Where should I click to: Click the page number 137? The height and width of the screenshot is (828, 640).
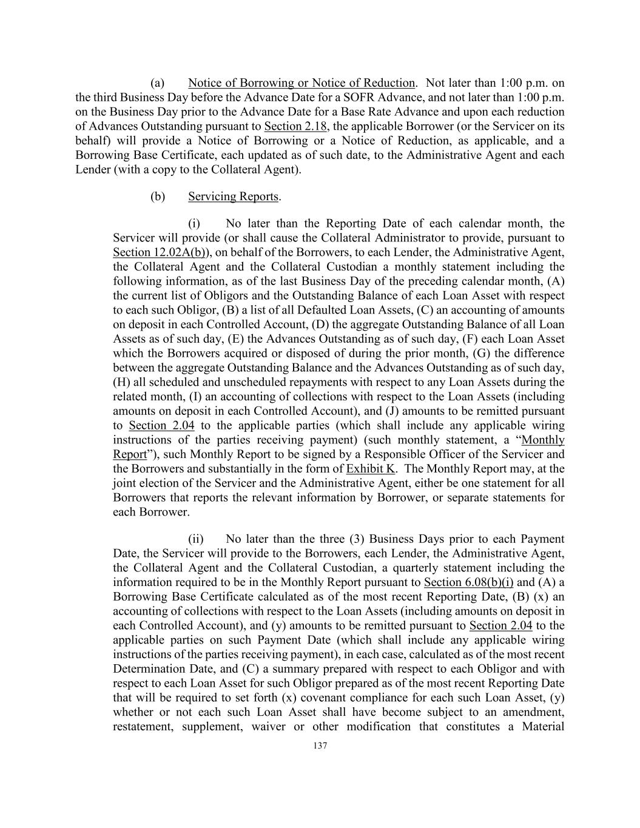coord(320,746)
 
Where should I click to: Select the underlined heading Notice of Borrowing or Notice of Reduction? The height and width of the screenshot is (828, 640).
coord(301,82)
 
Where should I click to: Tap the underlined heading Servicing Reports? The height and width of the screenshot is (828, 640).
coord(234,197)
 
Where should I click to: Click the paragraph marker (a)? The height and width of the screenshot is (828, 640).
coord(158,82)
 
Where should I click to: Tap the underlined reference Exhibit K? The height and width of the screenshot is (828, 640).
coord(371,468)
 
